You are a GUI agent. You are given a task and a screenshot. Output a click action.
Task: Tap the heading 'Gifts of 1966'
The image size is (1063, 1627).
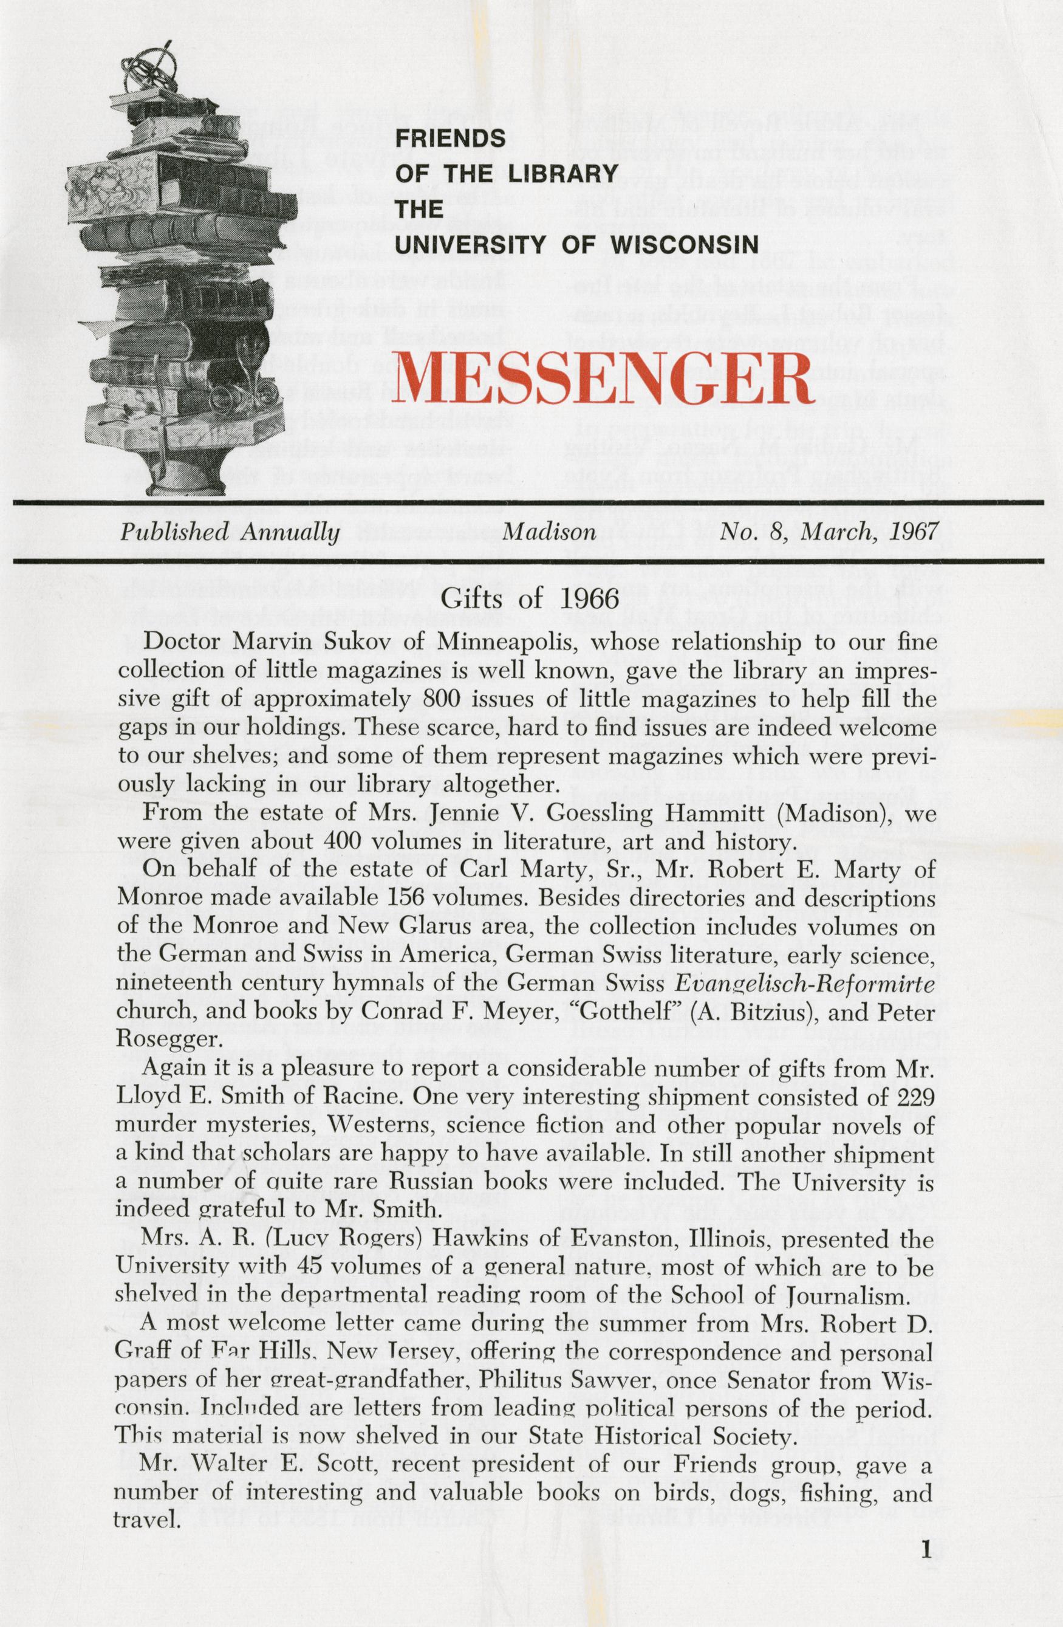click(x=530, y=600)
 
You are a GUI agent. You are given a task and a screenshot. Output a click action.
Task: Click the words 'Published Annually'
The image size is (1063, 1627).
click(x=230, y=533)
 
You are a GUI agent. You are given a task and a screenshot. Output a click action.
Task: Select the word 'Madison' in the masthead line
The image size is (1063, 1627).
click(x=549, y=533)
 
